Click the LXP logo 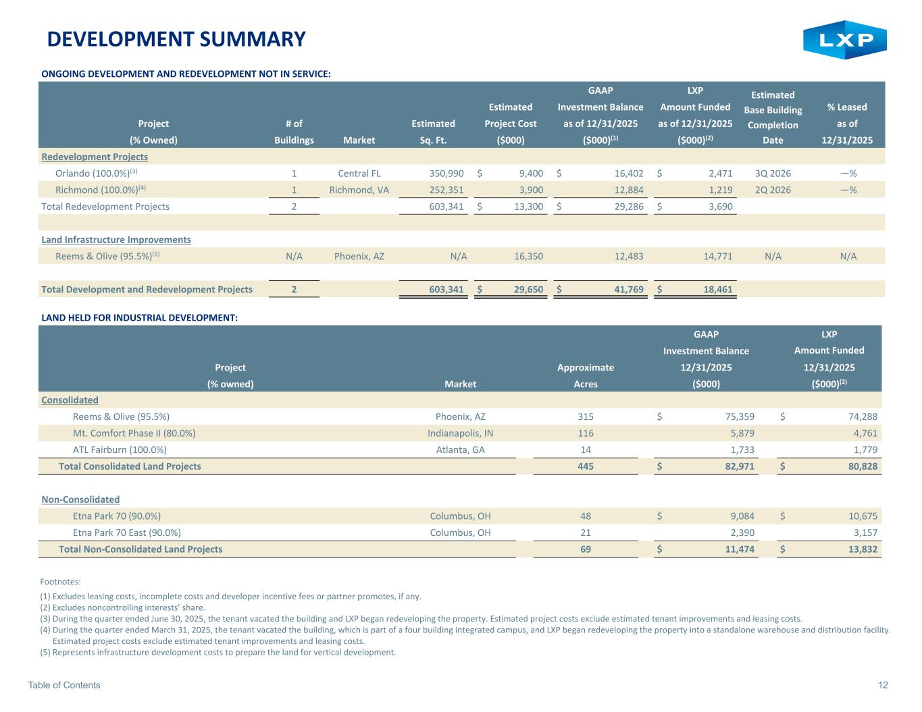844,40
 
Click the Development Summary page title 176,39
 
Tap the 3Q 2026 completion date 773,173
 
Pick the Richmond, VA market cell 359,190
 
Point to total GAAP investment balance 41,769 624,290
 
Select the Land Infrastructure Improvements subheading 116,240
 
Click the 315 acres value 585,417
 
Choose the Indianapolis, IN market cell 460,433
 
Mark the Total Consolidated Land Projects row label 130,466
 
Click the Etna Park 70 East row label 126,532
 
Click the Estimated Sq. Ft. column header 433,132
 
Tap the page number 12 883,685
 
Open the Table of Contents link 64,685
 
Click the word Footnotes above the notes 61,581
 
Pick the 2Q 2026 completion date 773,190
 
